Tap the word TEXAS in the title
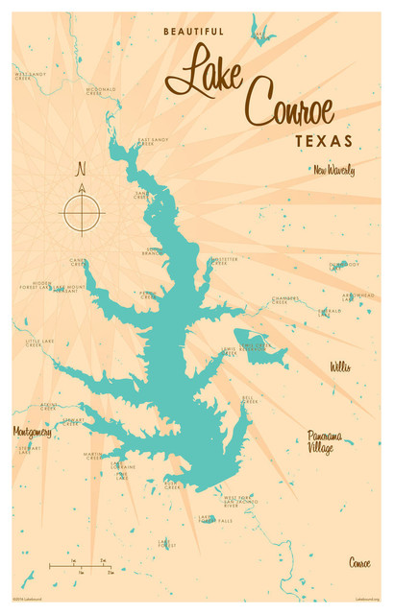click(x=322, y=140)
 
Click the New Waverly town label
click(x=333, y=171)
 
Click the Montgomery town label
click(x=33, y=432)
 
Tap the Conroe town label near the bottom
click(x=359, y=562)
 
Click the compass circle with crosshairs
click(x=83, y=210)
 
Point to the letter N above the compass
click(x=82, y=170)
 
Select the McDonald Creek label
click(x=100, y=92)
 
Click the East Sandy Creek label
click(x=153, y=141)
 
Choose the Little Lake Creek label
click(x=40, y=342)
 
